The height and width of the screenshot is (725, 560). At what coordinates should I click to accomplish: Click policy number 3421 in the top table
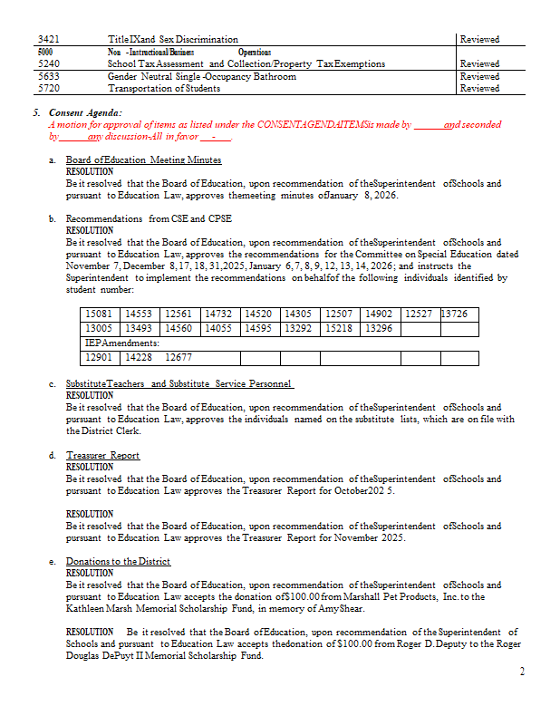47,40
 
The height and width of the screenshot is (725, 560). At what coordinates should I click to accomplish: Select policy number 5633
47,77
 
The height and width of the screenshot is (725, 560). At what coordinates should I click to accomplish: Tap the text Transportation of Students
164,89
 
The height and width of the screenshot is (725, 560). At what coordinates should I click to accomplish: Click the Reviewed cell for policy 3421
479,40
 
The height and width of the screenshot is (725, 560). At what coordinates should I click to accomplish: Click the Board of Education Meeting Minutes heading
143,160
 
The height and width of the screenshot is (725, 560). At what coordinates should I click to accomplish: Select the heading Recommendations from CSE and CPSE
149,219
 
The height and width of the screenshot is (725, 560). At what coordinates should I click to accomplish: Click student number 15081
98,314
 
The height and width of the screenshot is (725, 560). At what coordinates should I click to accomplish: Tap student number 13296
379,328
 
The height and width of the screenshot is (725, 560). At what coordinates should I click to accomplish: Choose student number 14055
219,328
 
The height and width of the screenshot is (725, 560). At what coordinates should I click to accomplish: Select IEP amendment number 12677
179,358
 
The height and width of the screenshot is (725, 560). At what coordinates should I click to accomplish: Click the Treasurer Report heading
102,455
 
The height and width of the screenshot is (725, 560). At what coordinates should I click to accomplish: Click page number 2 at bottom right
522,672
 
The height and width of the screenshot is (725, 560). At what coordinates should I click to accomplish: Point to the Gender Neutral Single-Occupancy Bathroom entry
201,77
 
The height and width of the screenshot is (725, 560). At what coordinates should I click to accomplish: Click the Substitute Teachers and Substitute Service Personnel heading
179,384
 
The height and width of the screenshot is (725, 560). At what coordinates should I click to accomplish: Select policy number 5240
47,64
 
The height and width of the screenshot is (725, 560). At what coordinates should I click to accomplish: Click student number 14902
379,314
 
